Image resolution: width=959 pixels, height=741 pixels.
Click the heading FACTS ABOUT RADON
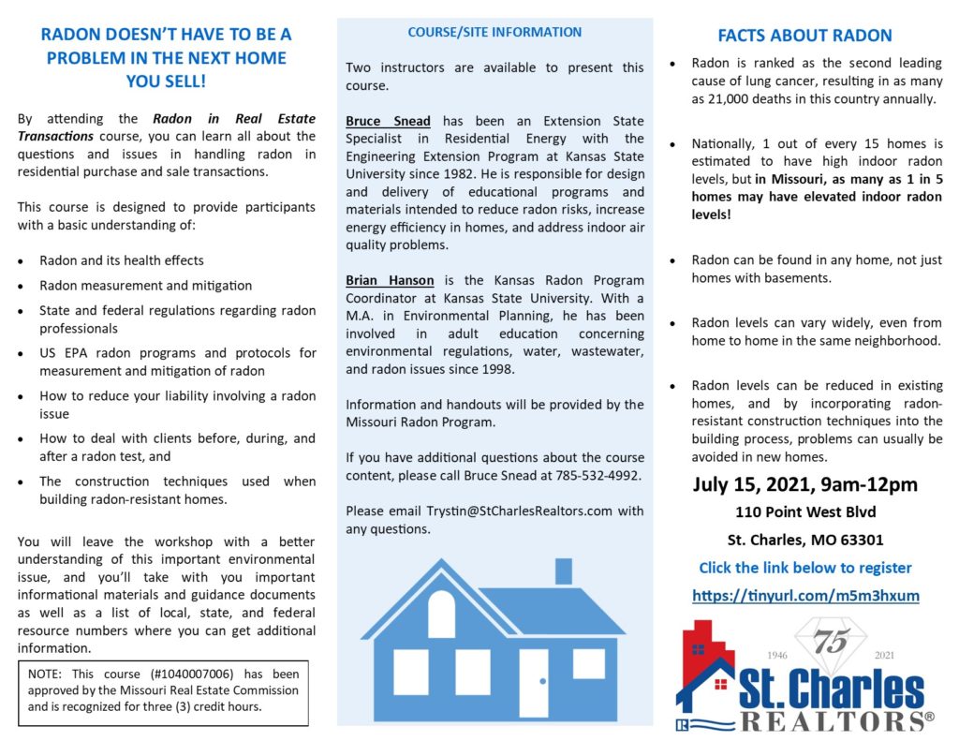tap(804, 37)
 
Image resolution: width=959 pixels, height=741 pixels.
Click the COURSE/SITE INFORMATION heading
tap(494, 32)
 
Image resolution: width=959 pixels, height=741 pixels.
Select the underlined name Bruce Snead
tap(388, 122)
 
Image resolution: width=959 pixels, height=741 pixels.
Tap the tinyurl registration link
tap(805, 595)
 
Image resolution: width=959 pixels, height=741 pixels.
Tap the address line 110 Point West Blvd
tap(805, 513)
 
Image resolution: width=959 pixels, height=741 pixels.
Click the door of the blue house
tap(534, 683)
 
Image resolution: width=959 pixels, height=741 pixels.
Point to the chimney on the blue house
tap(563, 570)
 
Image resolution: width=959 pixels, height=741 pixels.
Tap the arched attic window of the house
tap(441, 615)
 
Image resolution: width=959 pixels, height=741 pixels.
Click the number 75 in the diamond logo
tap(828, 644)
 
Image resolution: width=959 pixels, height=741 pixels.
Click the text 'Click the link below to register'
tap(804, 568)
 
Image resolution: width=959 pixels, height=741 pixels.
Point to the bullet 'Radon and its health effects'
tap(121, 260)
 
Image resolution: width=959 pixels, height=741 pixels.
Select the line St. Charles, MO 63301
tap(805, 541)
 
